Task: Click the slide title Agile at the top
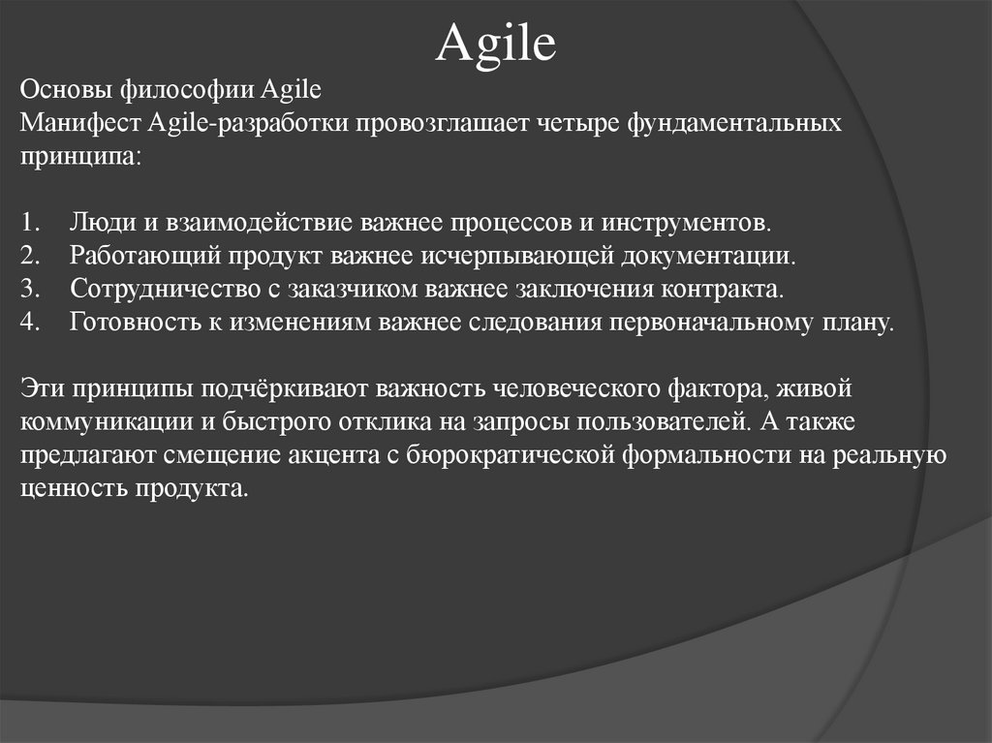coord(495,44)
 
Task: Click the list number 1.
coord(28,223)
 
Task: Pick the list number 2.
coord(28,256)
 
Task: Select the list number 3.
coord(28,289)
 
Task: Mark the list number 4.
coord(28,323)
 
